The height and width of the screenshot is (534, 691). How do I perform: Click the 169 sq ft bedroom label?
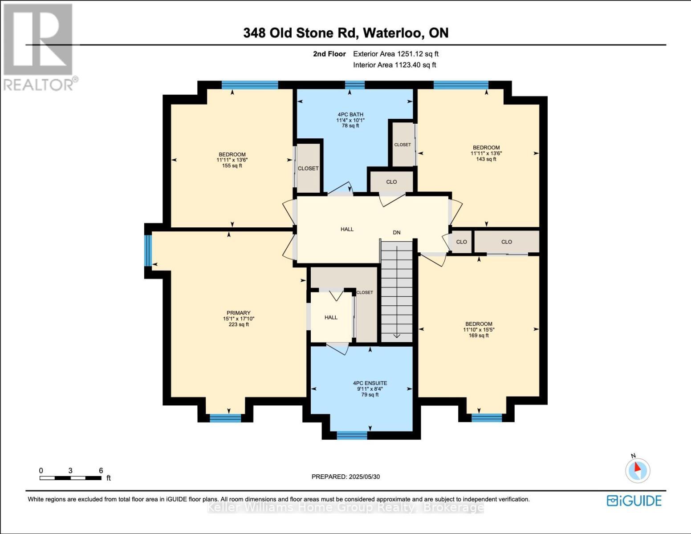coord(479,330)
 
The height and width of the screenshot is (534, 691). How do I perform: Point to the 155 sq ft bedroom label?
coord(232,160)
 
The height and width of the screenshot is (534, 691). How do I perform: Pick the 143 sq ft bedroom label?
coord(486,153)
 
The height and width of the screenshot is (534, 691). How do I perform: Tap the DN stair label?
coord(396,232)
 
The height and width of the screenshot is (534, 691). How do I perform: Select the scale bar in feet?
coord(70,478)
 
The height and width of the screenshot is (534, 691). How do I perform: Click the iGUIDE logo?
coord(634,501)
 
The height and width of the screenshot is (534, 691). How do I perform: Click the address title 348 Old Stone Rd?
coord(345,33)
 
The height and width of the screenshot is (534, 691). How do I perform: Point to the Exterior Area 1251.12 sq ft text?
coord(395,54)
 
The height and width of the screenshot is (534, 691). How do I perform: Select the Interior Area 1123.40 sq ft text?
coord(394,65)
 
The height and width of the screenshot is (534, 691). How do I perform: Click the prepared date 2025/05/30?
coord(345,477)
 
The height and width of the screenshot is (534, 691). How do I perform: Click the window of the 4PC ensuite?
coord(352,435)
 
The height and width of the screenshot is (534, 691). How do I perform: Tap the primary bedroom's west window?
coord(148,250)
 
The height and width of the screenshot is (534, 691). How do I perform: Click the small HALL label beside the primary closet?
coord(331,317)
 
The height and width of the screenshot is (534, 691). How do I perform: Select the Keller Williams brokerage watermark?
coord(345,507)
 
